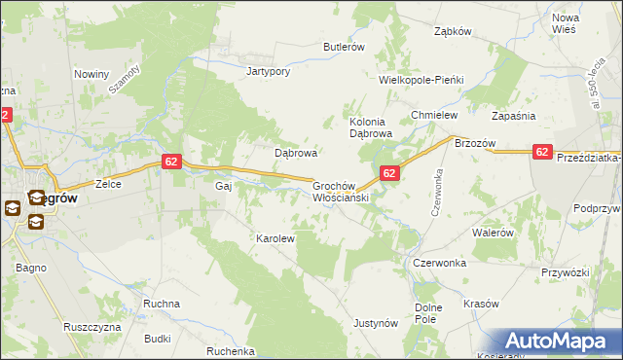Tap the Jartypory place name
(270, 71)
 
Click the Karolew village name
(275, 237)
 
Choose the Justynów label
(377, 322)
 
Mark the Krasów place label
(481, 304)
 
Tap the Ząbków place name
(453, 31)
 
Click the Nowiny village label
(92, 74)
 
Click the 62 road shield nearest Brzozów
(543, 152)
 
